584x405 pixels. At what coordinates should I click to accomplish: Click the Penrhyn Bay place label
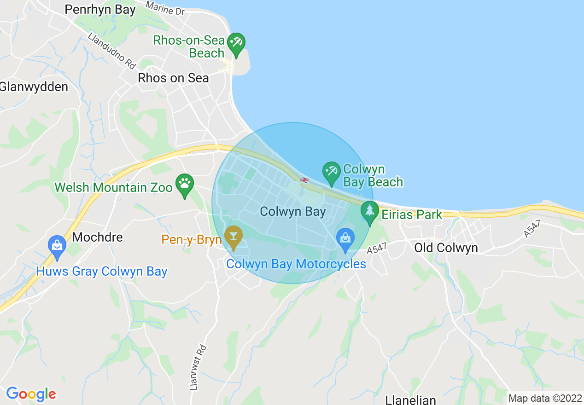coord(100,9)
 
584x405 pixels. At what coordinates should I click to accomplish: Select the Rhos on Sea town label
coord(173,78)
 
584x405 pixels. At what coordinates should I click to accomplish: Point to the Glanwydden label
coord(33,87)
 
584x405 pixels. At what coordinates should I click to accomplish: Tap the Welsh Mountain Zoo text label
coord(113,187)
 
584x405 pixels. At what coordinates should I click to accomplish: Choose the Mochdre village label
coord(98,237)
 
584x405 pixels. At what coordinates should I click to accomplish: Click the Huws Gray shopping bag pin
coord(57,247)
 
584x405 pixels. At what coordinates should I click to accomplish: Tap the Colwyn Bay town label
coord(292,212)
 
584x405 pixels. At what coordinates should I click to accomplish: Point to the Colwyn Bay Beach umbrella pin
coord(331,173)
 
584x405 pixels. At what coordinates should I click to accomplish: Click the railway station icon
coord(304,180)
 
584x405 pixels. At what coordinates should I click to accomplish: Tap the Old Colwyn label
coord(446,248)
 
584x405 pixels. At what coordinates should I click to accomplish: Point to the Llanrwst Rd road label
coord(199,368)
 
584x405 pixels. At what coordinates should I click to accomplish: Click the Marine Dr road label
coord(165,7)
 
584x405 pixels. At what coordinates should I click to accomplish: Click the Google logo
coord(31,394)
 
